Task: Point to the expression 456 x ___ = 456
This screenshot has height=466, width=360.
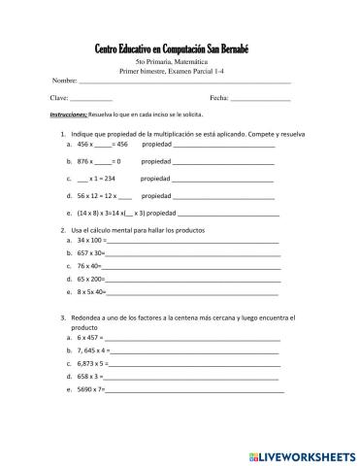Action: click(103, 143)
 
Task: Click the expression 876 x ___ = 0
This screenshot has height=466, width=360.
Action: click(99, 160)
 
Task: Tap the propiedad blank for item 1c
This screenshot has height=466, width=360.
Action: click(223, 179)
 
